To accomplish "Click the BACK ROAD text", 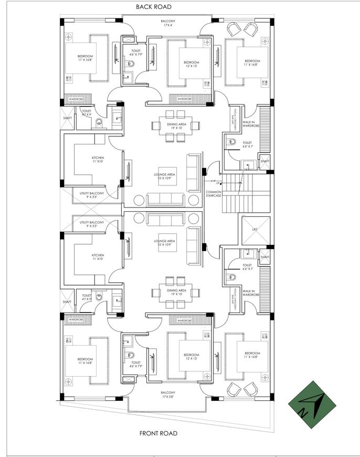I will click(x=153, y=7).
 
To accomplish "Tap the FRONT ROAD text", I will click(x=158, y=433).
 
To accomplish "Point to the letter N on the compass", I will click(x=303, y=413).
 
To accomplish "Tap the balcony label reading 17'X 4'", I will click(x=168, y=23).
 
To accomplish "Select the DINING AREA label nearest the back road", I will click(x=176, y=126).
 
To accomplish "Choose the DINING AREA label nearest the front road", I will click(x=176, y=293).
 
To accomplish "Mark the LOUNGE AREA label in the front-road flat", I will click(x=164, y=243).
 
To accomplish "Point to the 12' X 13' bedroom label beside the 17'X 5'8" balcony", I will click(x=192, y=357).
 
